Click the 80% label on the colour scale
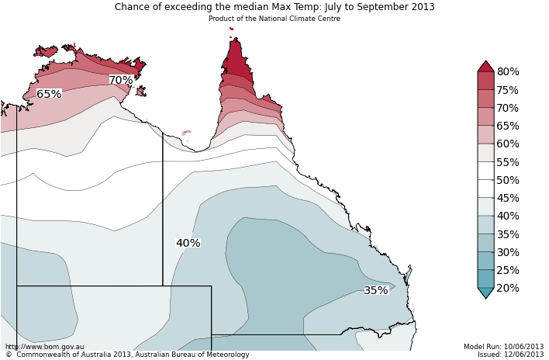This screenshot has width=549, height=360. [x=508, y=72]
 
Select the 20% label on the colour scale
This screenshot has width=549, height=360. [x=508, y=289]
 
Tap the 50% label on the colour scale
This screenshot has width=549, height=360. [x=508, y=181]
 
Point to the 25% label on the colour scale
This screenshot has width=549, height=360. [x=508, y=271]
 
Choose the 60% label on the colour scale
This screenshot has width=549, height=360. [x=508, y=144]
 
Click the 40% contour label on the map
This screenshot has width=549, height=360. [x=188, y=244]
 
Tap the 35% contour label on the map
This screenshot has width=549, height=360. [x=376, y=291]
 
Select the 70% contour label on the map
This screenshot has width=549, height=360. [x=120, y=81]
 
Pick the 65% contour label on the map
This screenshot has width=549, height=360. [x=49, y=95]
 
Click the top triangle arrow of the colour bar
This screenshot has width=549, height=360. [x=485, y=66]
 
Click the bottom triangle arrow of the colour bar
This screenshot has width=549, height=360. [x=485, y=293]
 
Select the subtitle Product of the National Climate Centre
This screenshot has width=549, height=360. [x=274, y=19]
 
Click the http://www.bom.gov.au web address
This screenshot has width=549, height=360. [x=44, y=347]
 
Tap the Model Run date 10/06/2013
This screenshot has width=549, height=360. [x=524, y=347]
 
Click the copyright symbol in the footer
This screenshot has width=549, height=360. [x=9, y=355]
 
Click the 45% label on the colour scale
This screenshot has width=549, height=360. [x=508, y=199]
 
